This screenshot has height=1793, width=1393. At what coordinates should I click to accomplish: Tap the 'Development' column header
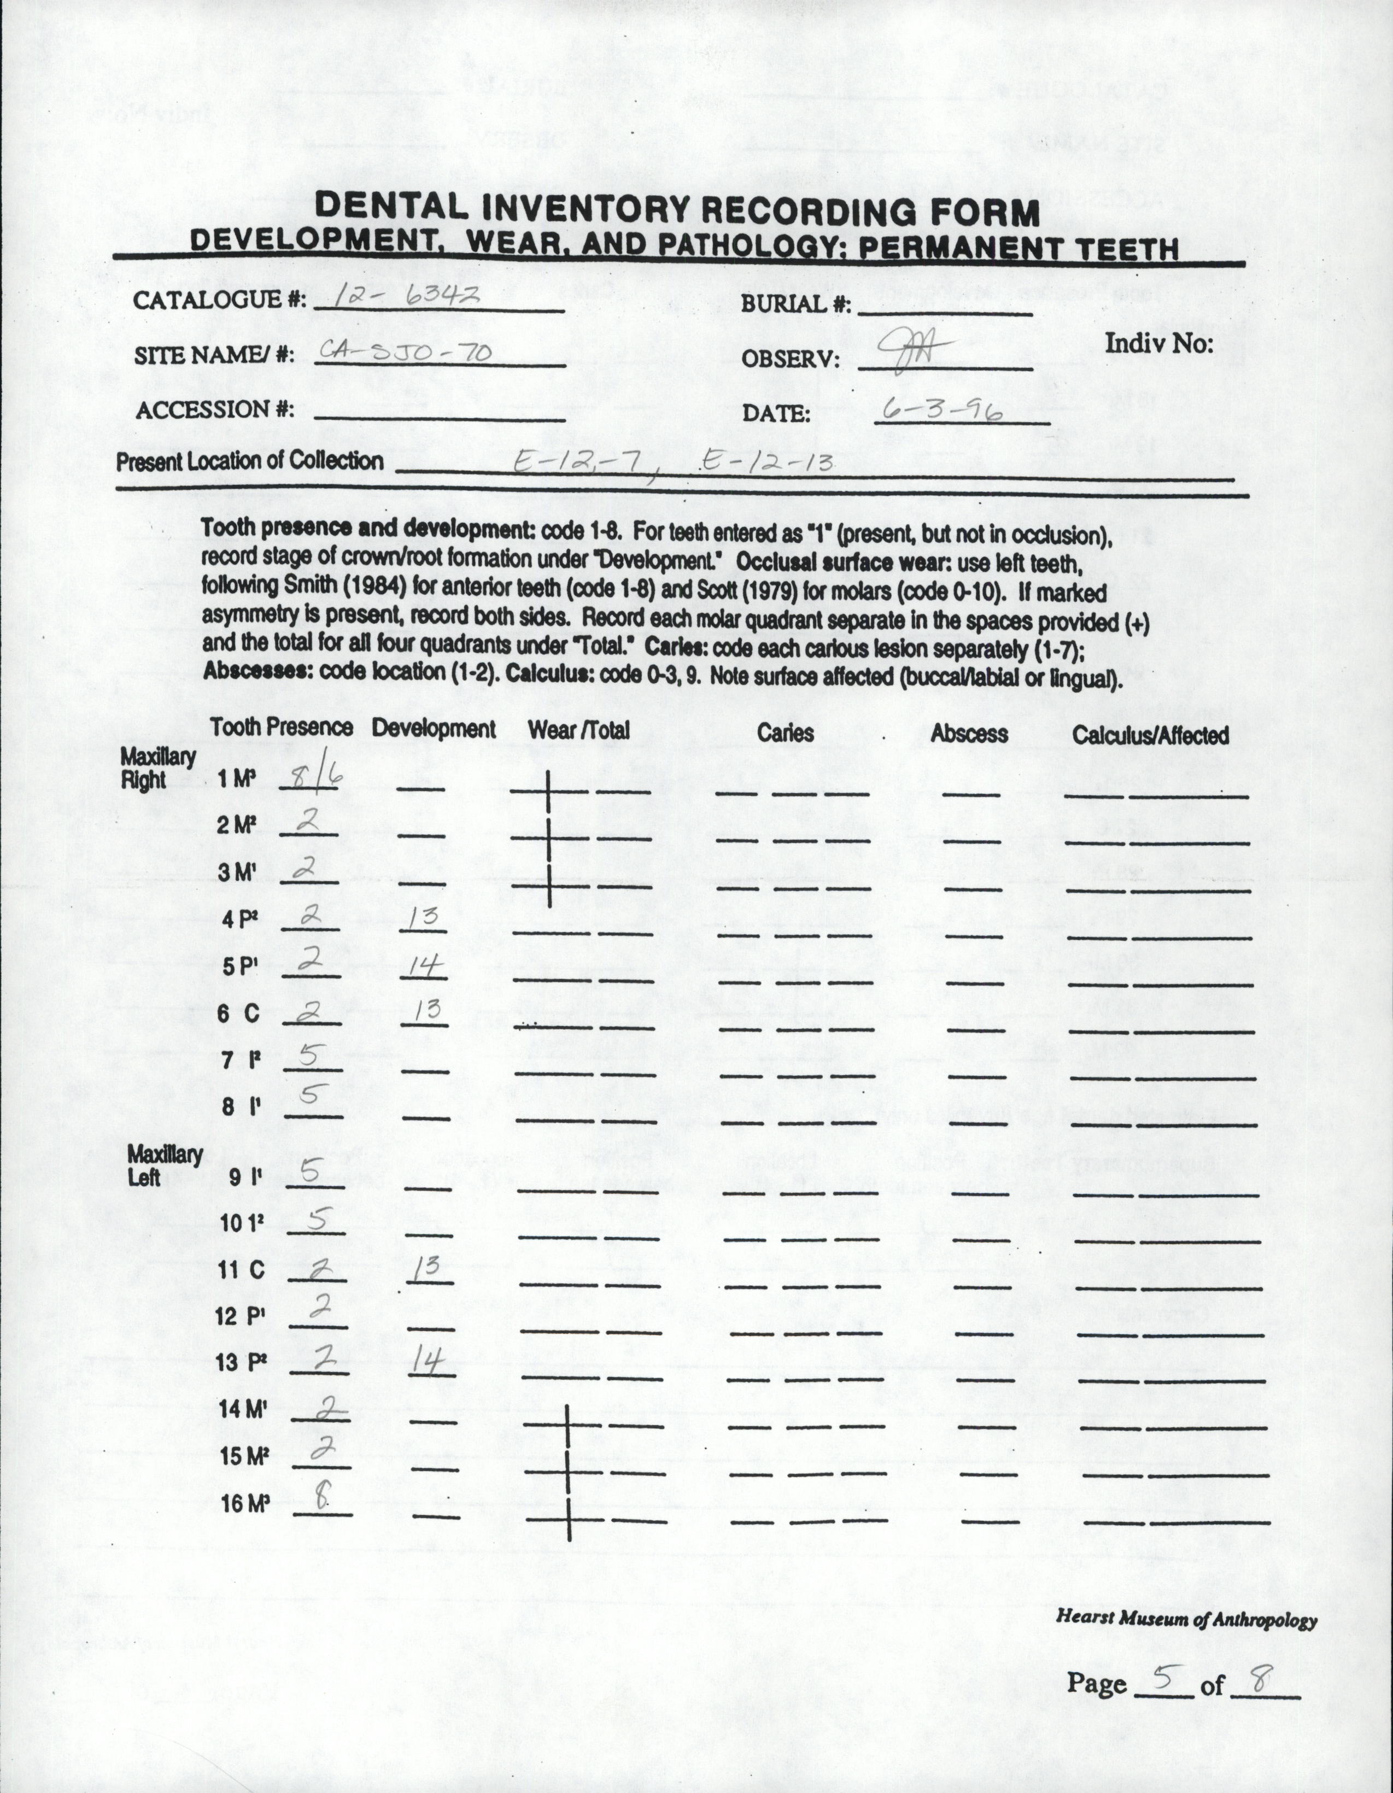[x=434, y=728]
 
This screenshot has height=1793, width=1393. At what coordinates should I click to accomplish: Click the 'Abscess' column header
[x=969, y=733]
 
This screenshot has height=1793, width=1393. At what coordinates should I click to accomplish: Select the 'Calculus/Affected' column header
[x=1150, y=735]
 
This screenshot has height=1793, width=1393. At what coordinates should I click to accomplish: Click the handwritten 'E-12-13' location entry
[x=766, y=462]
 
